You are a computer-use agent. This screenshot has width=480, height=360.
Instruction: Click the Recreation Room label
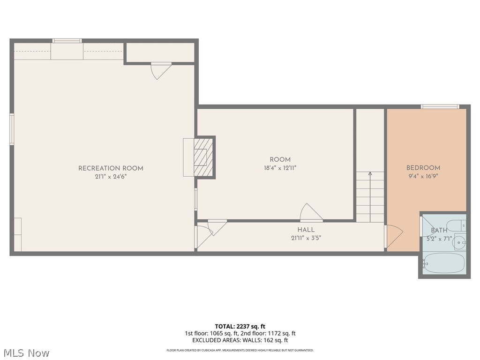click(111, 168)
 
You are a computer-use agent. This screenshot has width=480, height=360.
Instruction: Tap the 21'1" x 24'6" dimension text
click(111, 177)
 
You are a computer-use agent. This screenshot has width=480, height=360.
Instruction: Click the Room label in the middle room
click(280, 159)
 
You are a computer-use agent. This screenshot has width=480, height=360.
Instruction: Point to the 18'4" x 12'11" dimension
click(280, 167)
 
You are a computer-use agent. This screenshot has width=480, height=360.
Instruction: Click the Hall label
click(306, 230)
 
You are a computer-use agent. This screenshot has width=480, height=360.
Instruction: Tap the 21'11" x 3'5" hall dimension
click(306, 238)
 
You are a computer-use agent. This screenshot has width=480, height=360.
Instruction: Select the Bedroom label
click(423, 168)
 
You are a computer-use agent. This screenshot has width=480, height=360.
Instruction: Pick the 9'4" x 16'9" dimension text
click(423, 176)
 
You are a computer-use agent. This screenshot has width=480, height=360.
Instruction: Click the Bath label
click(439, 230)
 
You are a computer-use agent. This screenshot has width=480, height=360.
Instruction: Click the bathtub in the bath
click(443, 263)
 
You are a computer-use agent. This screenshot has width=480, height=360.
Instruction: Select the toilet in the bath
click(455, 225)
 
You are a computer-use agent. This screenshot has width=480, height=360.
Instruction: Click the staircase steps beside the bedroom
click(370, 197)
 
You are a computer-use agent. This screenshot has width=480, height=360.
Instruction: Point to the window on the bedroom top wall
click(440, 106)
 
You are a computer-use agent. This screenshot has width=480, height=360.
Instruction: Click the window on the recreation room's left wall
click(12, 129)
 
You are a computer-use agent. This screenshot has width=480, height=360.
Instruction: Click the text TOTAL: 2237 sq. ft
click(240, 326)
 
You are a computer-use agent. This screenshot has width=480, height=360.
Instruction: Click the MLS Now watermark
click(26, 352)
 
